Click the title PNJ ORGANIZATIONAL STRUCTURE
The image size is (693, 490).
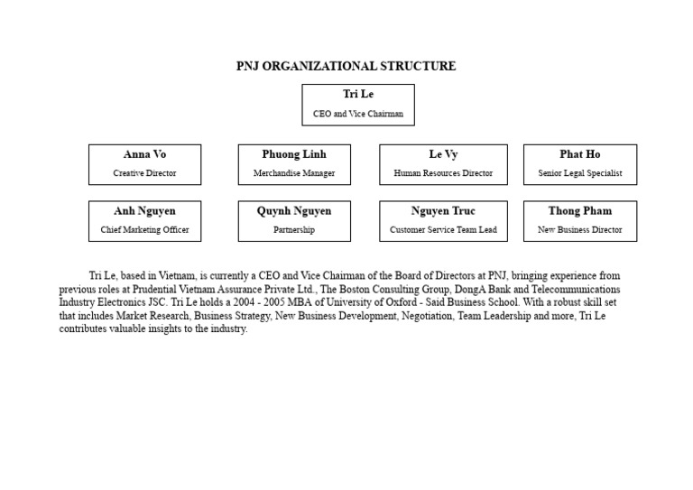click(x=346, y=66)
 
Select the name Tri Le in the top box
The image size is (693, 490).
click(x=358, y=95)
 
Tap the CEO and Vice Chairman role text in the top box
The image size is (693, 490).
click(x=358, y=115)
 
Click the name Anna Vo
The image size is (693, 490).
click(x=144, y=154)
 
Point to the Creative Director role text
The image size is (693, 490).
click(x=144, y=173)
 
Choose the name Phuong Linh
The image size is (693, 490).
click(x=294, y=154)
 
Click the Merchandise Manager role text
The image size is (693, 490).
click(x=294, y=173)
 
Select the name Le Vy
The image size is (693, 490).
click(x=443, y=154)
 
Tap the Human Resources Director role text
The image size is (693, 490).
click(x=443, y=173)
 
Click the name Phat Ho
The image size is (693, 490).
click(x=579, y=154)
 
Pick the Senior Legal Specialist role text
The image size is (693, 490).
click(x=579, y=173)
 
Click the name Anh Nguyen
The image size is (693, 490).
click(x=144, y=211)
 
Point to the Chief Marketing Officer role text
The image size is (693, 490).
click(x=144, y=230)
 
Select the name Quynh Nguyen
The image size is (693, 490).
click(x=294, y=211)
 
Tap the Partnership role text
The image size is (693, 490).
click(x=294, y=230)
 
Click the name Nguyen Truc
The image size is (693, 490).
click(x=443, y=211)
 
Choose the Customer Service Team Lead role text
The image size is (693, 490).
click(x=443, y=230)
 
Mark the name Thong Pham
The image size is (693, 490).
click(x=579, y=211)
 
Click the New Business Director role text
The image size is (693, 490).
click(x=579, y=230)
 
